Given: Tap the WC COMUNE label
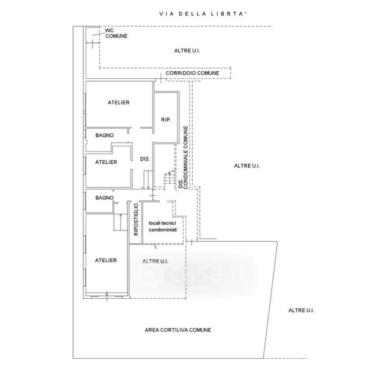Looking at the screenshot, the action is click(116, 33).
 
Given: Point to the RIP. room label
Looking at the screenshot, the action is click(166, 119).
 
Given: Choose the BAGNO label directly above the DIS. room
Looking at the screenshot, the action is click(104, 135).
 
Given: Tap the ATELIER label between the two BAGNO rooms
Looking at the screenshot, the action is click(106, 162).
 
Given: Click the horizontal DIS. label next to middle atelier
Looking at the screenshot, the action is click(144, 159).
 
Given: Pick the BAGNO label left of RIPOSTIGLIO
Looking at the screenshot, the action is click(104, 197).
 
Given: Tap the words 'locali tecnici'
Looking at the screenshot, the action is click(163, 223).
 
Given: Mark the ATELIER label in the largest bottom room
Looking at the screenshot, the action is click(106, 260).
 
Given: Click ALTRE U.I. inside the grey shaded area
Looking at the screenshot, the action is click(156, 261).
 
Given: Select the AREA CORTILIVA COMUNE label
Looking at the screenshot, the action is click(178, 330).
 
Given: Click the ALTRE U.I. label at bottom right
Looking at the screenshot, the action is click(301, 311).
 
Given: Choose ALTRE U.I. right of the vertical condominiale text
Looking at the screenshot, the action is click(246, 166).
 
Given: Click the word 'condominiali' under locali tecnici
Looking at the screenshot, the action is click(163, 230).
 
